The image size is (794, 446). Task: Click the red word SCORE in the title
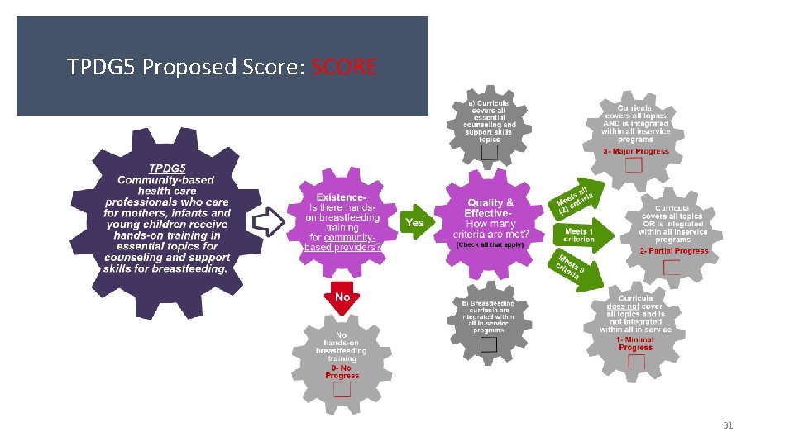(345, 67)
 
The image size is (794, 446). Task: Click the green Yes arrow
(416, 222)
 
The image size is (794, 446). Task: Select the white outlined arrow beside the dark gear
(268, 221)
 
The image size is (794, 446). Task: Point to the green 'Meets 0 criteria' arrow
(572, 269)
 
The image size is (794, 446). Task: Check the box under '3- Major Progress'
(634, 165)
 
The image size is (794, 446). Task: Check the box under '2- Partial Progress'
(672, 267)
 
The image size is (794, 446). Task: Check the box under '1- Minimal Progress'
(634, 363)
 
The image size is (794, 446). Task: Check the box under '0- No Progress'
(342, 389)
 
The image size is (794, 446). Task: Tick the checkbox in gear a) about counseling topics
(490, 152)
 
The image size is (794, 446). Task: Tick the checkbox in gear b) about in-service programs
(489, 344)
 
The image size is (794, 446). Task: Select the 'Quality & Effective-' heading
(490, 208)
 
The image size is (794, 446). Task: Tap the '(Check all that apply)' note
(489, 244)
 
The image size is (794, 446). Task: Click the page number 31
(728, 426)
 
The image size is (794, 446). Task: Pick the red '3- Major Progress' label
(635, 152)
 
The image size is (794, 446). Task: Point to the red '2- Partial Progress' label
(673, 251)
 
